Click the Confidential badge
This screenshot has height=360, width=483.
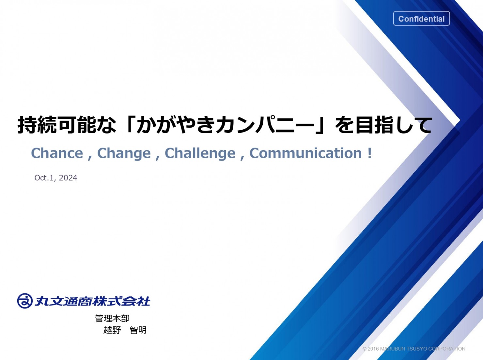tap(421, 19)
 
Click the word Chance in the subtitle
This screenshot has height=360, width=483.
tap(57, 153)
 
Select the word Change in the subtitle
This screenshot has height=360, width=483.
tap(124, 153)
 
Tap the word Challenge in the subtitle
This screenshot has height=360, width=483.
tap(200, 153)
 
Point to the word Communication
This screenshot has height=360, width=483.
tap(306, 153)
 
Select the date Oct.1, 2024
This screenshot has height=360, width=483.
tap(56, 178)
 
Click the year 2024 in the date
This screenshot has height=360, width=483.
tap(68, 178)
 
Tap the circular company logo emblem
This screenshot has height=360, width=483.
tap(25, 301)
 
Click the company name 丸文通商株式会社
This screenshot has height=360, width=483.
tap(93, 301)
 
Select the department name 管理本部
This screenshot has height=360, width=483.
tap(112, 318)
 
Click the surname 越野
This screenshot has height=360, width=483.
tap(112, 330)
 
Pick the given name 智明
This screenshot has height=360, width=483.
tap(138, 330)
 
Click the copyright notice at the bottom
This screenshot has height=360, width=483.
tap(414, 349)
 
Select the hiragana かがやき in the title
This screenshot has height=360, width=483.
tap(176, 125)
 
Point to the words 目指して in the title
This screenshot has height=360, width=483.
tap(394, 125)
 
